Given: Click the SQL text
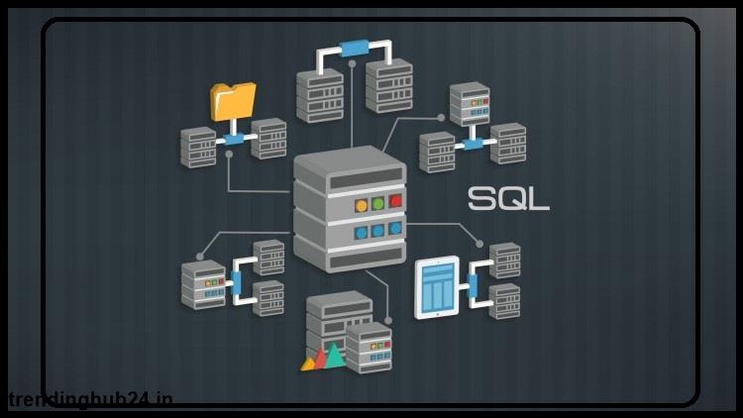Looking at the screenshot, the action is click(x=508, y=199).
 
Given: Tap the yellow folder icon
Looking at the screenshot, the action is click(x=233, y=101).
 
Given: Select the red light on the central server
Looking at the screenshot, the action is click(x=395, y=201).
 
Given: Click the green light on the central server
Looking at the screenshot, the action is click(x=377, y=203).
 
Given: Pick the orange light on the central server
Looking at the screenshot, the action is click(x=361, y=206).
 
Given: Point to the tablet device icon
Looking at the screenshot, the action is click(x=437, y=287).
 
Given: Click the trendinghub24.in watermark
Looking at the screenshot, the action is click(x=90, y=399).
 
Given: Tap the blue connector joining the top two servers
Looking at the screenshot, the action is click(x=354, y=48).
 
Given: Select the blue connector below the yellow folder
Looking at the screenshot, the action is click(x=234, y=139).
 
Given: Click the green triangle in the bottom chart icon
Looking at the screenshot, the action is click(x=335, y=356).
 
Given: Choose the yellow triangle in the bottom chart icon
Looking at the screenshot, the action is click(x=308, y=364).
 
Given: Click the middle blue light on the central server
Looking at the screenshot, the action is click(x=377, y=231).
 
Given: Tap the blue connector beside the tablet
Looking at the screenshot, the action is click(x=473, y=285).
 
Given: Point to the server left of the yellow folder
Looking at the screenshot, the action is click(x=198, y=148).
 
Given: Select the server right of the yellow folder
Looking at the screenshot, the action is click(x=268, y=139).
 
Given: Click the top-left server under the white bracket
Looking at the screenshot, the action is click(x=320, y=96).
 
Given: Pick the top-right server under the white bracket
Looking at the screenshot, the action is click(x=389, y=86).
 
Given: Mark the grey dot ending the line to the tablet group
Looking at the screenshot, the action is click(x=479, y=244).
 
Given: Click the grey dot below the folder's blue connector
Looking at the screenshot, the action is click(x=230, y=155).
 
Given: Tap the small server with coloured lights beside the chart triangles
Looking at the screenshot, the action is click(x=369, y=348).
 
